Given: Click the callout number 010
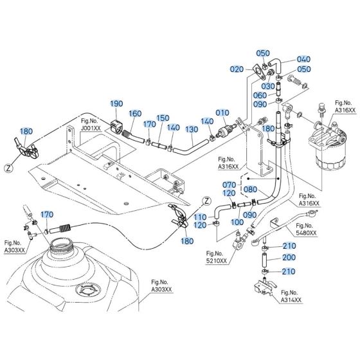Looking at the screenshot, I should (222, 113).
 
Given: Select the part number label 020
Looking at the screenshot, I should (237, 69).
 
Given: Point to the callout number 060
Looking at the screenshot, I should (260, 95).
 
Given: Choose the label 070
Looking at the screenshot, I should (230, 185).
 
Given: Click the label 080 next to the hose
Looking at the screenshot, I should (251, 190).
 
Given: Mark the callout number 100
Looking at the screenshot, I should (237, 222).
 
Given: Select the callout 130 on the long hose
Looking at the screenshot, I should (192, 129).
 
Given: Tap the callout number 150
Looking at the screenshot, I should (163, 118).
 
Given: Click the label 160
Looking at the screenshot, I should (135, 114).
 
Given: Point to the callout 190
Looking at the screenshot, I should (116, 104).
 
